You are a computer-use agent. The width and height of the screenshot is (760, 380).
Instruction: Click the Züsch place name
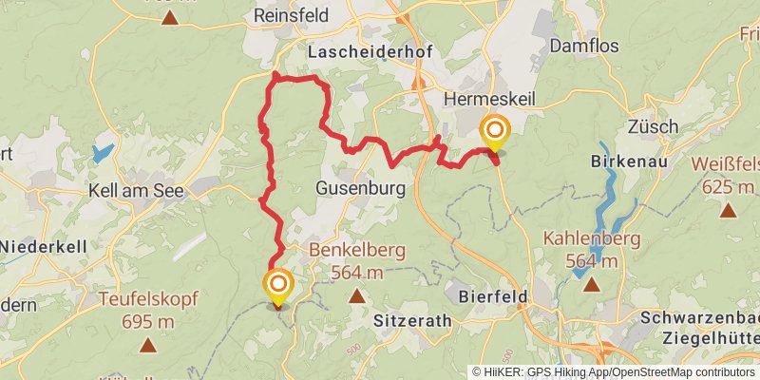click(653, 126)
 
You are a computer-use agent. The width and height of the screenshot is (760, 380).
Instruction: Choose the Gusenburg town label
click(360, 188)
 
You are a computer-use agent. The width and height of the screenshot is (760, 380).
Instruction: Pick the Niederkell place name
click(43, 246)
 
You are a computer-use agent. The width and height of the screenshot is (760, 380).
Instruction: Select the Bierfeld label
click(493, 297)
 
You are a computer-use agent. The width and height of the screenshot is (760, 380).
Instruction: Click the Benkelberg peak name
click(356, 253)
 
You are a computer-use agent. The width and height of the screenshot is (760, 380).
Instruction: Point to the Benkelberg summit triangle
click(357, 296)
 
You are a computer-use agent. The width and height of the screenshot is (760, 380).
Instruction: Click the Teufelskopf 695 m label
click(138, 310)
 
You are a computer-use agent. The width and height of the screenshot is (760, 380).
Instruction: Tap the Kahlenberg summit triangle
click(592, 283)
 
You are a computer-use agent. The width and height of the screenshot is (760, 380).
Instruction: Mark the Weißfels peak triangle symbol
click(729, 210)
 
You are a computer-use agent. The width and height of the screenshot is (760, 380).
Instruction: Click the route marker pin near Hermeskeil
click(495, 131)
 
